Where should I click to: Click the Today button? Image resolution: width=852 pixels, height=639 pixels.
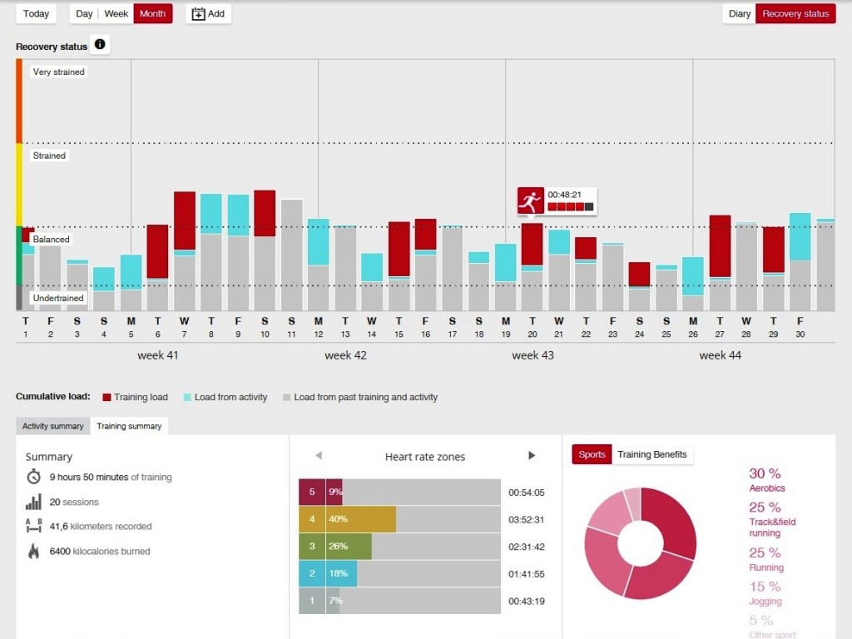(36, 13)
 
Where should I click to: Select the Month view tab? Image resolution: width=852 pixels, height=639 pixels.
(152, 13)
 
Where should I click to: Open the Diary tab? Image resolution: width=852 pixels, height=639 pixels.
(739, 13)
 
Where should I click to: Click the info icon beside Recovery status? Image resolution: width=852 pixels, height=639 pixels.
(100, 44)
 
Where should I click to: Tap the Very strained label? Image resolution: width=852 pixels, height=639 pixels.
(58, 72)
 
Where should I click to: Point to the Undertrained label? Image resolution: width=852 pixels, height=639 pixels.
(58, 298)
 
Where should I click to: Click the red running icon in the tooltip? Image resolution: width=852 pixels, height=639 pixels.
(530, 201)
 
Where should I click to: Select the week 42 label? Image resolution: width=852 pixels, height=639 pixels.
(345, 355)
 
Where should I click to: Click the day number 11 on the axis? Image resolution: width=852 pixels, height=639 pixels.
(291, 334)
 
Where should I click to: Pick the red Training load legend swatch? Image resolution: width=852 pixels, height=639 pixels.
(106, 397)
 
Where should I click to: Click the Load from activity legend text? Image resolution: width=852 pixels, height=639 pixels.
(230, 398)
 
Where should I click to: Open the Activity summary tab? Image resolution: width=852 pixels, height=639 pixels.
(52, 426)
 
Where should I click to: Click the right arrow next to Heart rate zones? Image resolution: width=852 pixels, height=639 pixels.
(532, 455)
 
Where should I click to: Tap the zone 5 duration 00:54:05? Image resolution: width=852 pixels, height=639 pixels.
(526, 493)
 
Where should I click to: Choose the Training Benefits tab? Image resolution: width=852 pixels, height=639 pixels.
(651, 454)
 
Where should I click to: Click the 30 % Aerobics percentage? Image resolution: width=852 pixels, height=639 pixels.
(765, 473)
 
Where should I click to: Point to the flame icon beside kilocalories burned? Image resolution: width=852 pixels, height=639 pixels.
(33, 551)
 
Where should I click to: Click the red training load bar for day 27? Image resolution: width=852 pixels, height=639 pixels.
(721, 245)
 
